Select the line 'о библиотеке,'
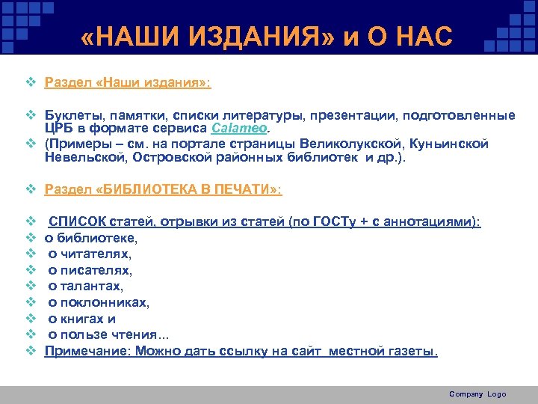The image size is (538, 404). (90, 238)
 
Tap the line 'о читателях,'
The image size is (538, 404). (89, 254)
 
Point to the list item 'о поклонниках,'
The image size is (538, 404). (99, 302)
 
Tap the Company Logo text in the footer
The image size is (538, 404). (477, 394)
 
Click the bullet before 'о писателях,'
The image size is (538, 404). (31, 270)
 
